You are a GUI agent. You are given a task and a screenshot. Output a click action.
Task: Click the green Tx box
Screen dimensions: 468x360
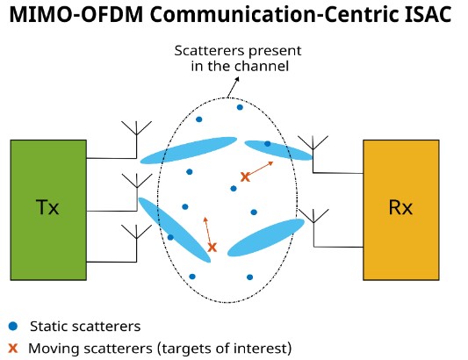[x=48, y=210]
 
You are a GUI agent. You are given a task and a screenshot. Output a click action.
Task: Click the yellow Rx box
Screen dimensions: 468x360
[x=401, y=210]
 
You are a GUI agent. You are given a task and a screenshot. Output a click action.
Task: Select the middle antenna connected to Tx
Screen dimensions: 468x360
[x=137, y=186]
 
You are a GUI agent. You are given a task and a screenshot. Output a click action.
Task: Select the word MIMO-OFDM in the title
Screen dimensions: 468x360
[x=76, y=14]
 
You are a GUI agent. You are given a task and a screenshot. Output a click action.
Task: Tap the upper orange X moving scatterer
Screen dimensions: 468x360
[x=245, y=176]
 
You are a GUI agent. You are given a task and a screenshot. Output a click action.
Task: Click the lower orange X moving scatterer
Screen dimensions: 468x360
[x=212, y=247]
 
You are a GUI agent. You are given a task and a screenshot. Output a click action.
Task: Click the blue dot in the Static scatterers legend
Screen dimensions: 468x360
[x=13, y=326]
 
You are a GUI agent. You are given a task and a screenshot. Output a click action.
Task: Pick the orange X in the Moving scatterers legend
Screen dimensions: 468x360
[x=13, y=348]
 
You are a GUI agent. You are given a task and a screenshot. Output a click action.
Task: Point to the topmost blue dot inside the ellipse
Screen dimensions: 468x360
[x=240, y=107]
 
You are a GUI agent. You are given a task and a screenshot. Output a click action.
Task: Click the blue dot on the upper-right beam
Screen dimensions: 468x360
[x=268, y=144]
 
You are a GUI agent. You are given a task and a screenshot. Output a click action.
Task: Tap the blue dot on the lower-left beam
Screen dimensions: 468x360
[x=170, y=237]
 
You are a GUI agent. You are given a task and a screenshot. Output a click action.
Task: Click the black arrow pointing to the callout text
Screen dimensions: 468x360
[x=233, y=87]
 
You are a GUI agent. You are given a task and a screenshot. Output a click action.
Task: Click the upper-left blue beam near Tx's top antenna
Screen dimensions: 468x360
[x=189, y=150]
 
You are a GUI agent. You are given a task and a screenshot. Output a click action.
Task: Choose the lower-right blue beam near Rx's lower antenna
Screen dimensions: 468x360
[x=266, y=237]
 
